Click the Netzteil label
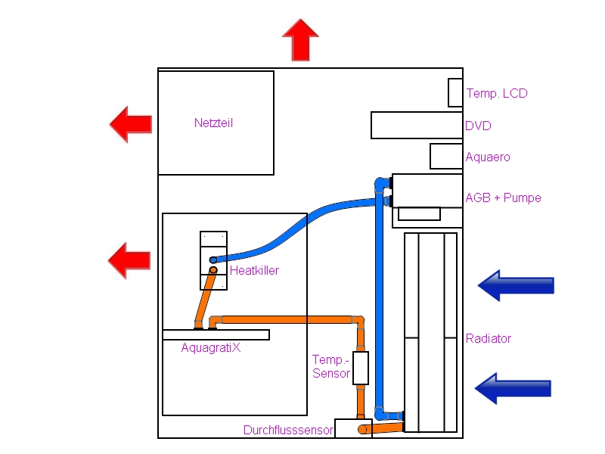coord(213,123)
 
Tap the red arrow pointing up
coord(300,41)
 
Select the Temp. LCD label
coord(497,94)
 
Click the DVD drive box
coord(416,126)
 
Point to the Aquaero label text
coord(488,157)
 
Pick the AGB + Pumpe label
coord(503,198)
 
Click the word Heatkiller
coord(254,270)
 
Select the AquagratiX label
coord(211,348)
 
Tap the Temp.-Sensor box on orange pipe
coord(360,367)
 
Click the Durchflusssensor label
coord(288,431)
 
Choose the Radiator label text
coord(489,338)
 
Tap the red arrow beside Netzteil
coord(131,124)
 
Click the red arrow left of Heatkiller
coord(130,260)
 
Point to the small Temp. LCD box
coord(455,92)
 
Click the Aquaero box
coord(445,156)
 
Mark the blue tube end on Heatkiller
coord(213,260)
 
